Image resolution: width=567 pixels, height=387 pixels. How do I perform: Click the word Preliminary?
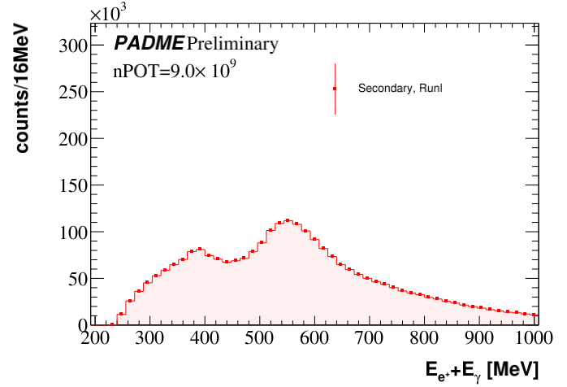(x=232, y=43)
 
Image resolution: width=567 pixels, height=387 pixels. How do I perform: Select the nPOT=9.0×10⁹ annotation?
(x=174, y=70)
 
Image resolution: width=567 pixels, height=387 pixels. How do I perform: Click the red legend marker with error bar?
(x=335, y=89)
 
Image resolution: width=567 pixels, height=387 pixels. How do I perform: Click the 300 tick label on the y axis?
(x=71, y=46)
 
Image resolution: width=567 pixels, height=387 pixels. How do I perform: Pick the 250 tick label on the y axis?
(x=71, y=92)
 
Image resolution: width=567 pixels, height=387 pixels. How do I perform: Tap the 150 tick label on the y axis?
(x=71, y=185)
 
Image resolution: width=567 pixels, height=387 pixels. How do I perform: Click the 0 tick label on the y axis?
(x=81, y=324)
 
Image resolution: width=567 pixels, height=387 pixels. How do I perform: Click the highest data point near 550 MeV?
(x=288, y=220)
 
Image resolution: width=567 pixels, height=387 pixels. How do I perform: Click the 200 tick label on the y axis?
(x=71, y=139)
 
